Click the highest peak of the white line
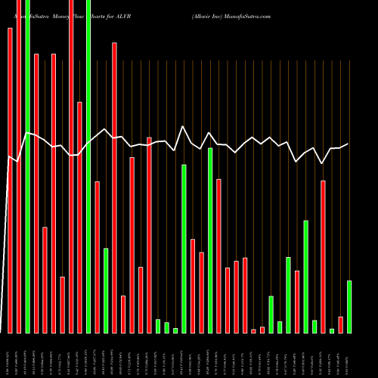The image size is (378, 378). pyautogui.click(x=184, y=126)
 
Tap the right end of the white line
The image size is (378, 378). pyautogui.click(x=348, y=144)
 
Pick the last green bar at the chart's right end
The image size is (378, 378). pyautogui.click(x=349, y=306)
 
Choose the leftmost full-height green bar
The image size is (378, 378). pyautogui.click(x=27, y=166)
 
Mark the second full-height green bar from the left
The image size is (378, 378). pyautogui.click(x=88, y=166)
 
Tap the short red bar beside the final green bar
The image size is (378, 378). pyautogui.click(x=341, y=324)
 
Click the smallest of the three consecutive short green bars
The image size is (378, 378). pyautogui.click(x=175, y=330)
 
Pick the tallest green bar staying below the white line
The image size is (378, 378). pyautogui.click(x=210, y=240)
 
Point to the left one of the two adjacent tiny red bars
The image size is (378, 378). pyautogui.click(x=254, y=330)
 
